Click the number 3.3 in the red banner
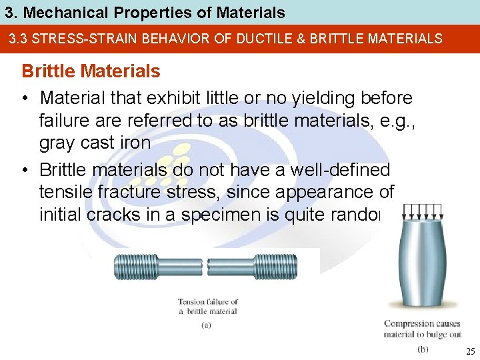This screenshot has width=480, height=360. (19, 39)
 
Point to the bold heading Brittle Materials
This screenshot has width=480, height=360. (91, 71)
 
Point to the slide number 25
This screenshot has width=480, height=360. (469, 351)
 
